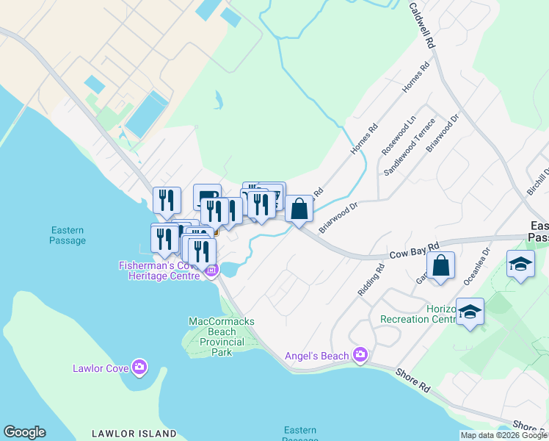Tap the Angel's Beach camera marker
click(359, 356)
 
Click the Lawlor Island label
click(134, 434)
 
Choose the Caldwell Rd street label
click(423, 26)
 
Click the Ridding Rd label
click(371, 280)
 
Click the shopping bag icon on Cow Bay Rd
click(441, 266)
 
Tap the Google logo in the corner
click(24, 432)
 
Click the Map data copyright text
click(503, 435)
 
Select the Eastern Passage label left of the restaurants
click(68, 235)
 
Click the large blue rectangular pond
click(145, 114)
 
